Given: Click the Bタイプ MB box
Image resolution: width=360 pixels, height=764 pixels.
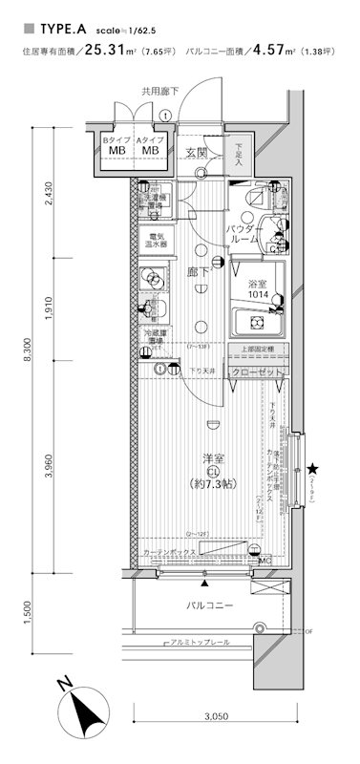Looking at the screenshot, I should (x=115, y=145).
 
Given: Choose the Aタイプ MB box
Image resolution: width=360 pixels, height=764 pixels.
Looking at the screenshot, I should (x=149, y=145).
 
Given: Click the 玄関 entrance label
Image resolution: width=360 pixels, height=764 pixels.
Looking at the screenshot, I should (x=197, y=152).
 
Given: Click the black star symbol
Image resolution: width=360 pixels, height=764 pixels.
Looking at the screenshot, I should (x=312, y=468).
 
